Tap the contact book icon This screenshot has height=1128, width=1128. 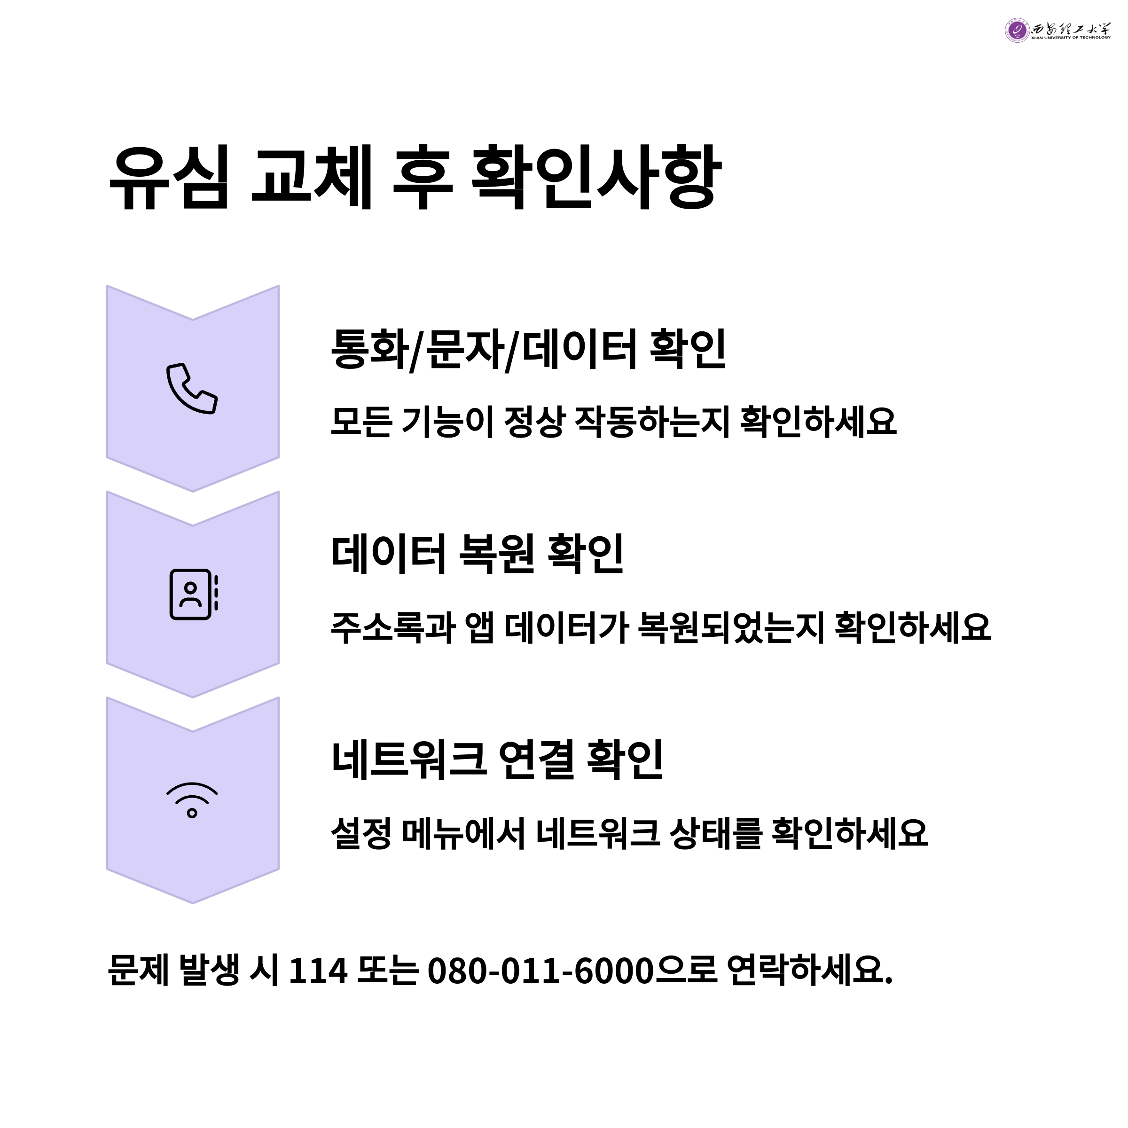point(193,595)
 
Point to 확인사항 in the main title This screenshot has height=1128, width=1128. point(595,178)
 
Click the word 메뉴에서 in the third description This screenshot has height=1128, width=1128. point(464,833)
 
